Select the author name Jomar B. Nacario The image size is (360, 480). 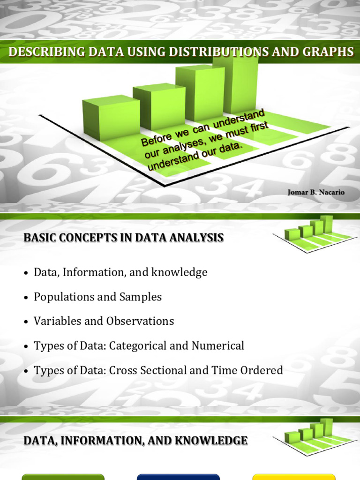click(316, 192)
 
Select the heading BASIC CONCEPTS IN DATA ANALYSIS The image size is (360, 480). click(123, 238)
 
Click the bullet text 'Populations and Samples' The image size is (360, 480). click(97, 297)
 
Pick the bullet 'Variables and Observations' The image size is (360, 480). click(104, 321)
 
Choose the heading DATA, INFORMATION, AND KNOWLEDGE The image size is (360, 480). click(135, 441)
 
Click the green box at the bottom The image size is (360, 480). click(63, 477)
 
